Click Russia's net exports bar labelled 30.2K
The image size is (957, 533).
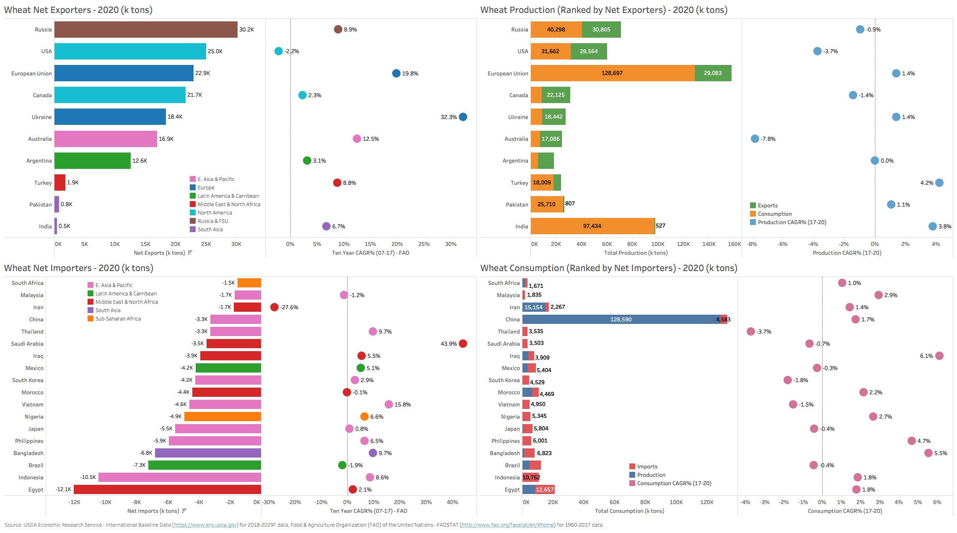point(146,30)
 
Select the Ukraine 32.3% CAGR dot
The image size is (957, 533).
point(463,117)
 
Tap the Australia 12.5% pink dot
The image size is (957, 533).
point(357,139)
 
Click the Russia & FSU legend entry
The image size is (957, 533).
point(213,221)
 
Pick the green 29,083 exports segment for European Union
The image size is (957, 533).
point(713,73)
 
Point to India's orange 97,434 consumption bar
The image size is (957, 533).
point(592,226)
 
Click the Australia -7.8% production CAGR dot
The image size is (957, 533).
point(755,139)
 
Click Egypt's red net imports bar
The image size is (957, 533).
point(167,489)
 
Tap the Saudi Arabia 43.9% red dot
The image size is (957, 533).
point(463,344)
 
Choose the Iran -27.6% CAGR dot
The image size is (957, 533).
point(274,307)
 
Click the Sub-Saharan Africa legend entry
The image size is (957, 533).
point(118,319)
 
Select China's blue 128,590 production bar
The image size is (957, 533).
point(621,319)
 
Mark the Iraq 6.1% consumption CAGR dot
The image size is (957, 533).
point(939,356)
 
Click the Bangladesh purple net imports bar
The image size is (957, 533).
point(208,453)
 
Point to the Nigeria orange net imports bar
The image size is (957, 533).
point(222,417)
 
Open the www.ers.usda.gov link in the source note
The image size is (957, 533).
point(205,525)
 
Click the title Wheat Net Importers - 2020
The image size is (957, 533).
point(79,268)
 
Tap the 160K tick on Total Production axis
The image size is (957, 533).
point(734,244)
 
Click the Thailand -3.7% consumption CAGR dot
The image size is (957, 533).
point(751,331)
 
